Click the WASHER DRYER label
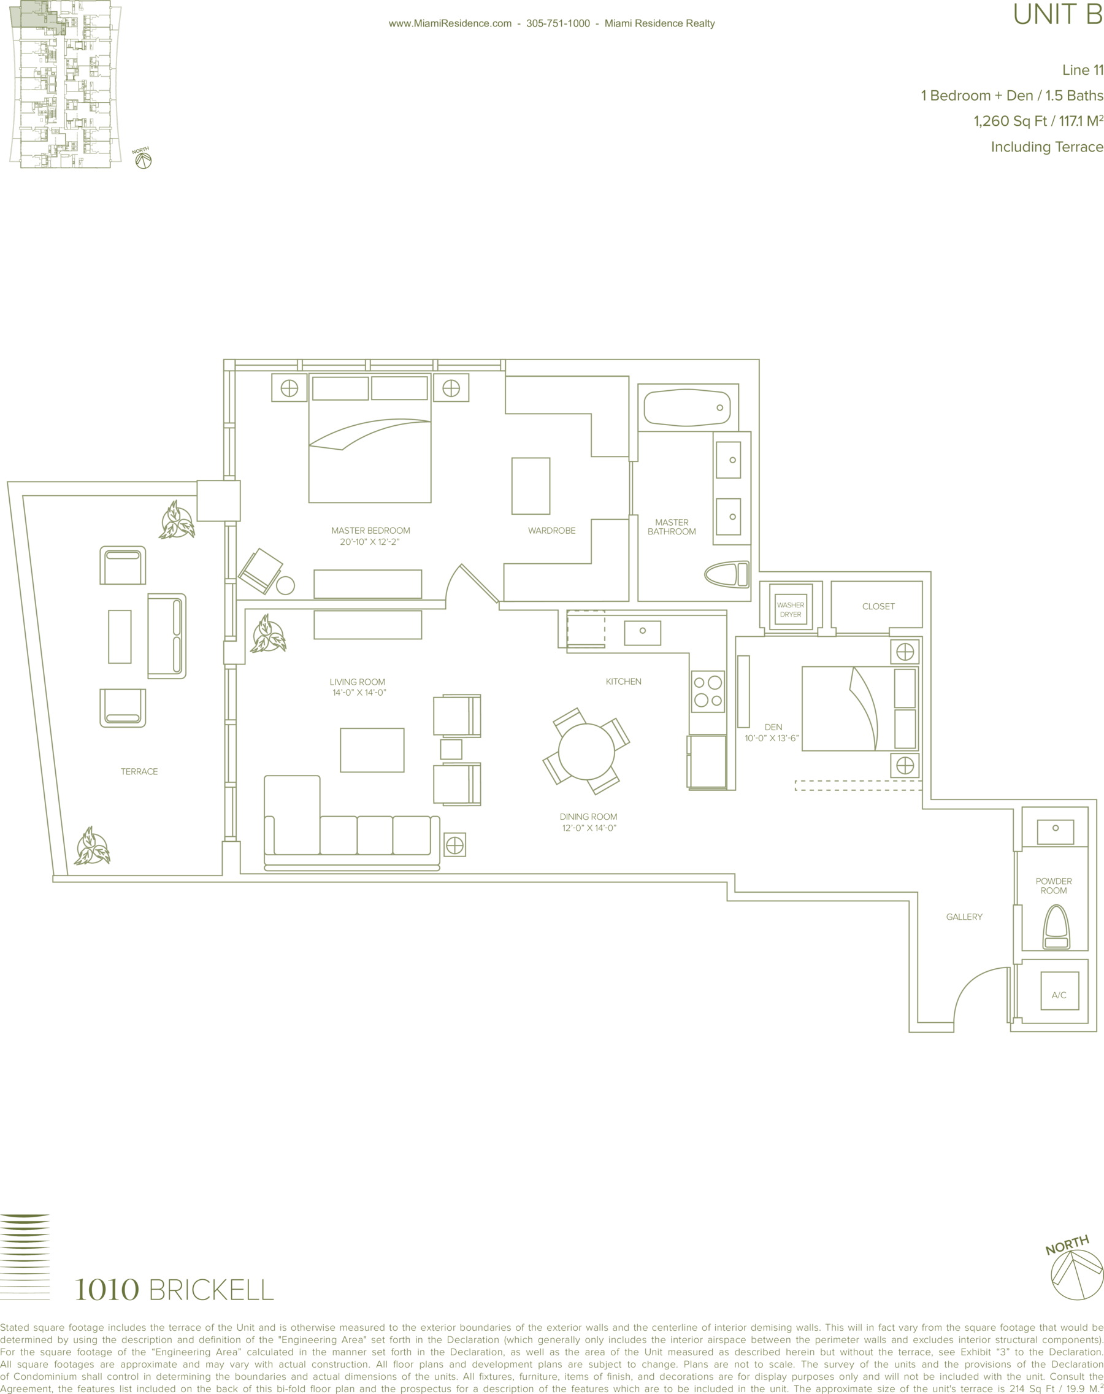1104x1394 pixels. (791, 610)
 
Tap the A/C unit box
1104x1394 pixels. (1059, 990)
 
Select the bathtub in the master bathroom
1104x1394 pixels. (687, 407)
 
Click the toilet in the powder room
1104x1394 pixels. (1056, 926)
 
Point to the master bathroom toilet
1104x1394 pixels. (727, 574)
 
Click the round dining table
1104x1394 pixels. (586, 752)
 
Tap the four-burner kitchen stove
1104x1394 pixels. (708, 691)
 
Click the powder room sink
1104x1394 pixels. (1056, 832)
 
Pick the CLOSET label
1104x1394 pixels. (878, 606)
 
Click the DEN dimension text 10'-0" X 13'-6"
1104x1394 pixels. (772, 737)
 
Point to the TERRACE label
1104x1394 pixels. (139, 771)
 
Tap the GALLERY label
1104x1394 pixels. (964, 917)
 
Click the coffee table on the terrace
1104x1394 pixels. (120, 636)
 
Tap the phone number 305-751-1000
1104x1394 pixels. (558, 23)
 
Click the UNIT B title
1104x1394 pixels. (1058, 14)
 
